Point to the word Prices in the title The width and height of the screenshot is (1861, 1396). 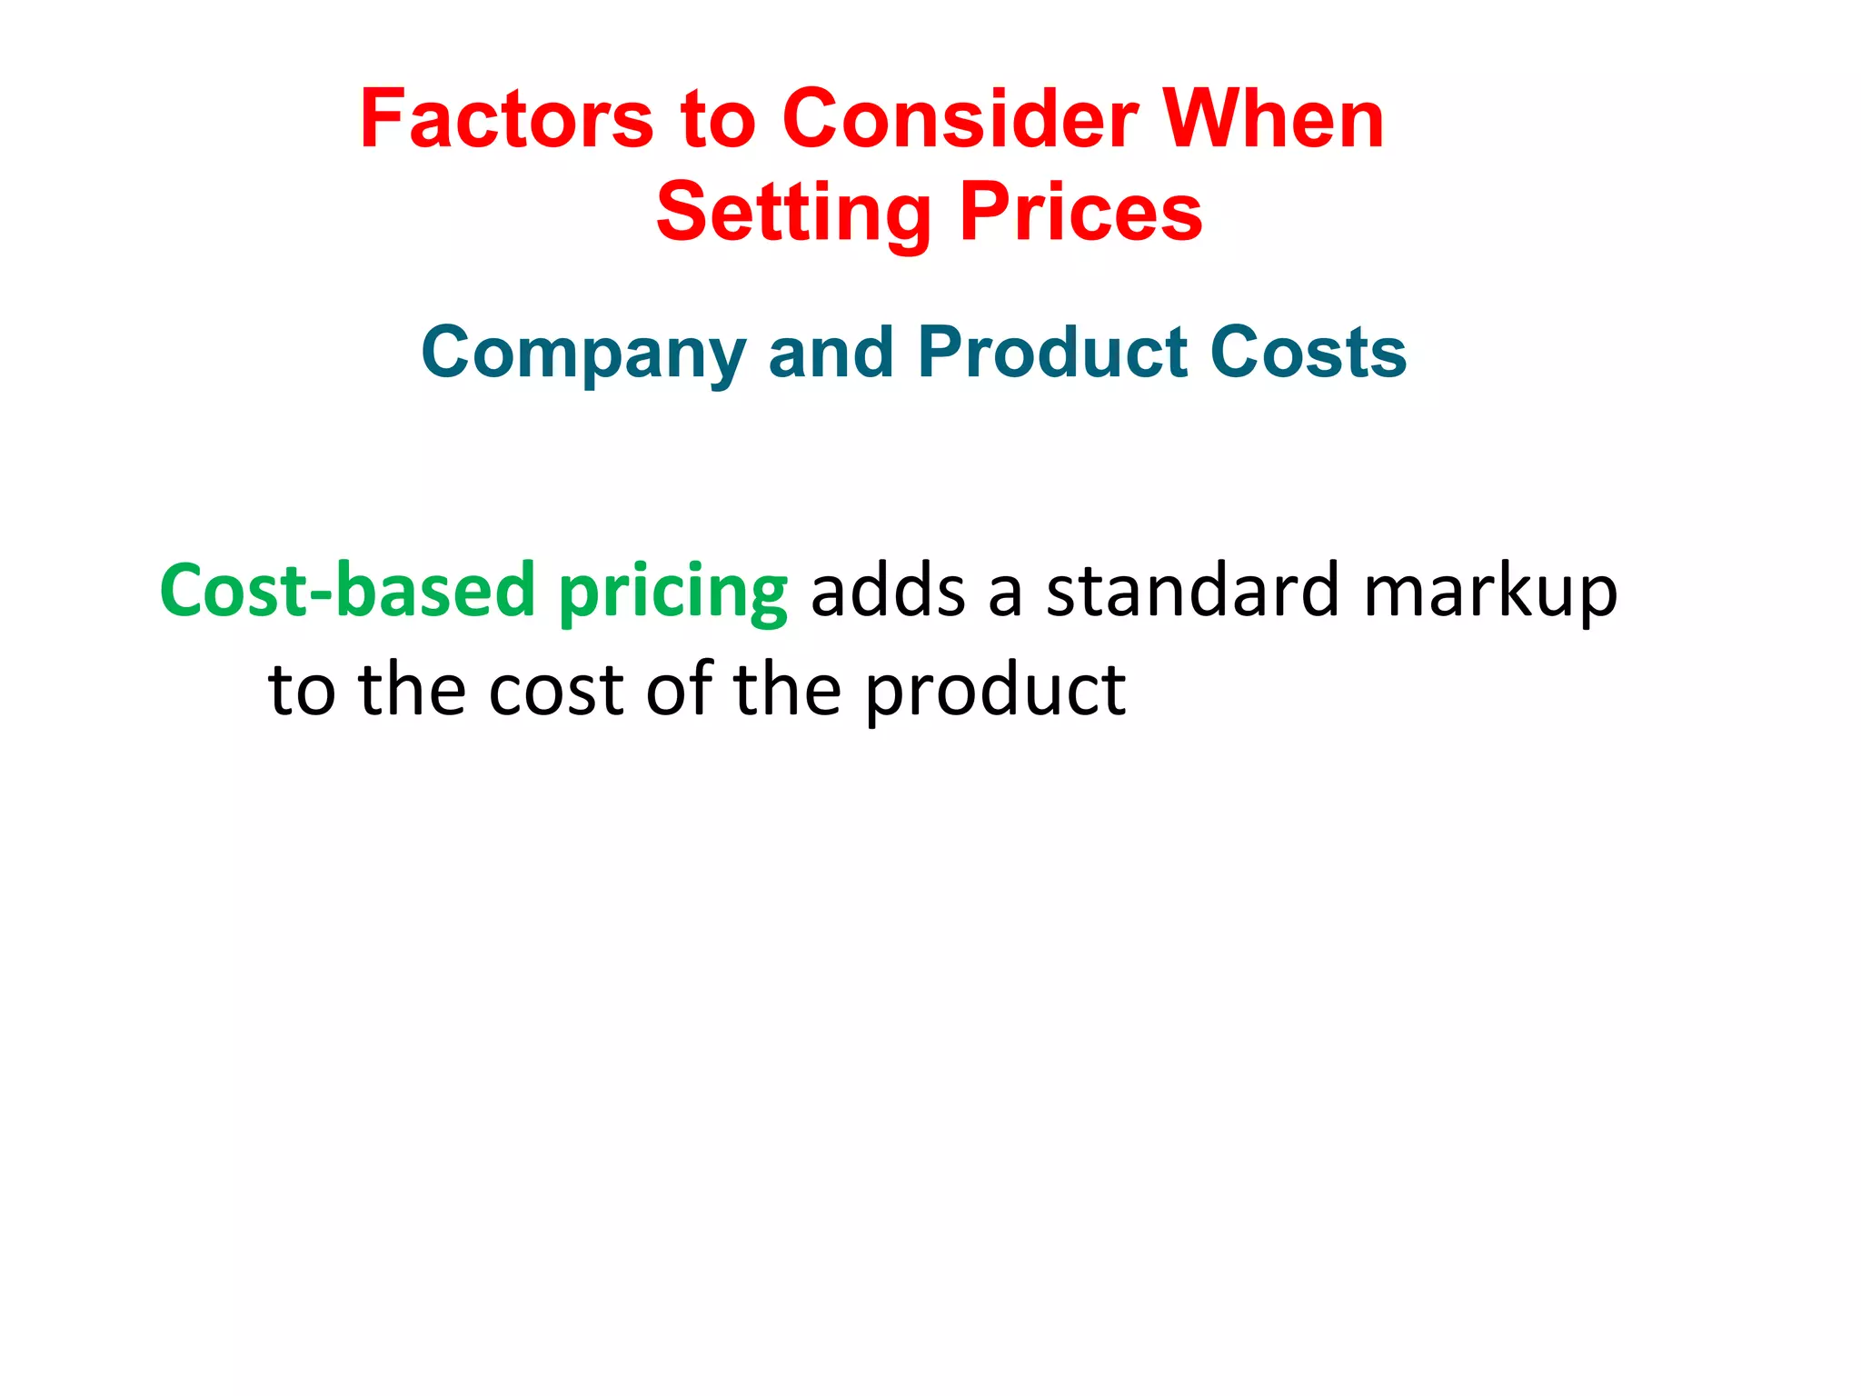[1081, 213]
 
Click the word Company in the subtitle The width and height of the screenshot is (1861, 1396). [582, 353]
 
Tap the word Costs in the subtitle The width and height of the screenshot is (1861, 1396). [1309, 353]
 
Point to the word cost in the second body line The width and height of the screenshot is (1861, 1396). [555, 691]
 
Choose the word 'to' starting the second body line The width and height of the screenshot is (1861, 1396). [302, 691]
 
